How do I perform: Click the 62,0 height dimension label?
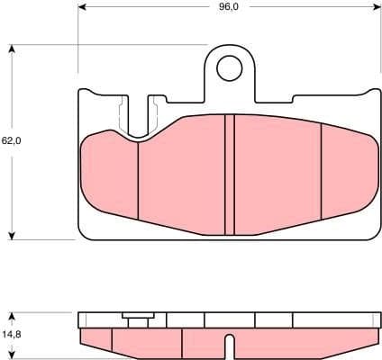point(11,141)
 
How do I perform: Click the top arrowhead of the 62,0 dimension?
point(11,46)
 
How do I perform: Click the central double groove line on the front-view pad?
point(229,171)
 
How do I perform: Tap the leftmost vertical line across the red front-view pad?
point(138,180)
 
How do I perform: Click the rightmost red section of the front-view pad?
point(347,166)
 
